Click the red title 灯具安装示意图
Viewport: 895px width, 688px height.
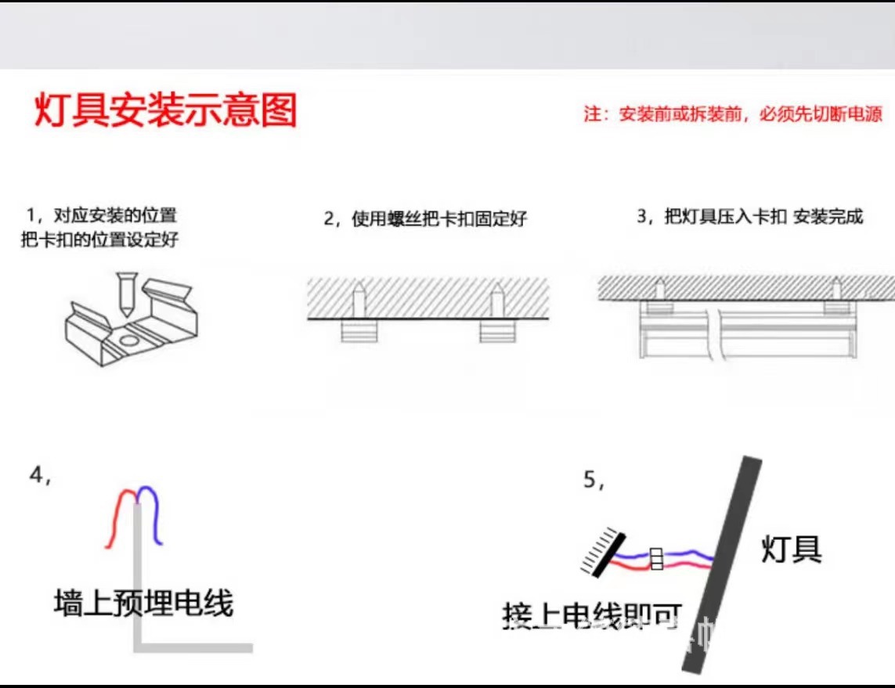165,110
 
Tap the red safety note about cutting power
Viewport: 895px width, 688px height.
733,114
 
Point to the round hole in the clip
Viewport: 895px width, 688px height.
128,341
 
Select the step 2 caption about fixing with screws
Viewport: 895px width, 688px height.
425,218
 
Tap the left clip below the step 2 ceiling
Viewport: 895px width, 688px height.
359,332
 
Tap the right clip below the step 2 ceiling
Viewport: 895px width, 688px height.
497,332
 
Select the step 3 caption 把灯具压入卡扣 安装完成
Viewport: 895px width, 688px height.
749,217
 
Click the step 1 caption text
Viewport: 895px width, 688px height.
99,227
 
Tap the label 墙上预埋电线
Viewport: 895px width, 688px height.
143,603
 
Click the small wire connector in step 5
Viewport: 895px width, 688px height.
657,558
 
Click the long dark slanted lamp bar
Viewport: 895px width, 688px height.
722,564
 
